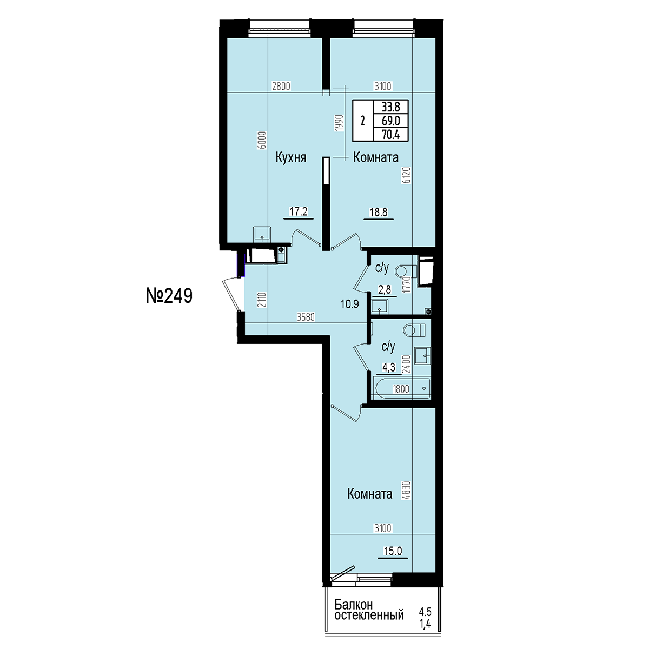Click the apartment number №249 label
click(x=169, y=296)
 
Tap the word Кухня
click(x=291, y=157)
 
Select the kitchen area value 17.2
click(x=299, y=211)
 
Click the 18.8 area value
click(x=379, y=212)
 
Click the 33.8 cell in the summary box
click(x=390, y=107)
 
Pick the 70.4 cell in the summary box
click(x=390, y=135)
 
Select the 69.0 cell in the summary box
click(x=390, y=121)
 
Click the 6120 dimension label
click(x=407, y=175)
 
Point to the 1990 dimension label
click(x=339, y=123)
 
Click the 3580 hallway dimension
click(x=306, y=317)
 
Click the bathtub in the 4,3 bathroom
click(x=402, y=388)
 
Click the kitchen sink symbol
click(x=262, y=234)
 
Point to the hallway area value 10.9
click(x=349, y=304)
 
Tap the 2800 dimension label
click(x=281, y=87)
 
